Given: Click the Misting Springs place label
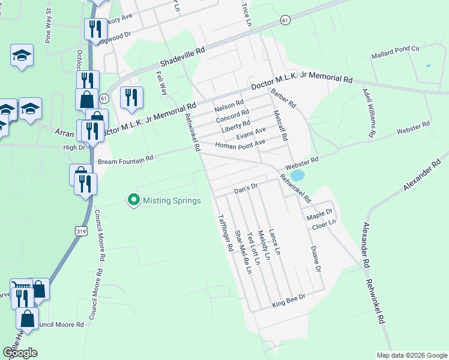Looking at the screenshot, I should (x=172, y=200).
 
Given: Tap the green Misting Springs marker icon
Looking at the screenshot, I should (x=134, y=200).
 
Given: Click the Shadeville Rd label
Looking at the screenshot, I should (x=182, y=58).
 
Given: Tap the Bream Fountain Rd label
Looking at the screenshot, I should (x=126, y=160).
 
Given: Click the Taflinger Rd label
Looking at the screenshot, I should (x=224, y=232).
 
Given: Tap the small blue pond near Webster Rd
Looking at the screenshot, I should (x=297, y=175).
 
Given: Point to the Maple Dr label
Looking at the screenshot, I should (x=319, y=213).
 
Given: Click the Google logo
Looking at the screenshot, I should (x=20, y=352).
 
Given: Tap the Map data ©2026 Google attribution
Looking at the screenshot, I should (x=412, y=355).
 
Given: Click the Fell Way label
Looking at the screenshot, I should (x=161, y=83).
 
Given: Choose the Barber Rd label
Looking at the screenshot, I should (x=283, y=98).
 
